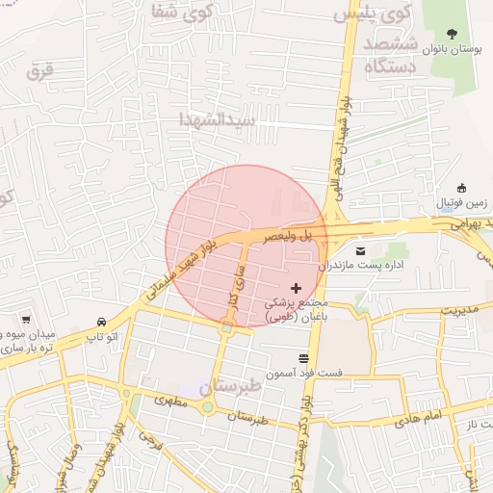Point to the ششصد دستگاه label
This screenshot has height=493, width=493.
390,56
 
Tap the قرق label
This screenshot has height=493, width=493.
39,70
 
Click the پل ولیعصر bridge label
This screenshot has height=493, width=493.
291,234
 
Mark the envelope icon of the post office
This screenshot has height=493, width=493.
361,249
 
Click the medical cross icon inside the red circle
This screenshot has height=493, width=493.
296,288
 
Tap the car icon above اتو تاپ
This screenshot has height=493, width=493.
101,322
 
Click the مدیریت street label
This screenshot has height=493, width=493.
459,309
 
